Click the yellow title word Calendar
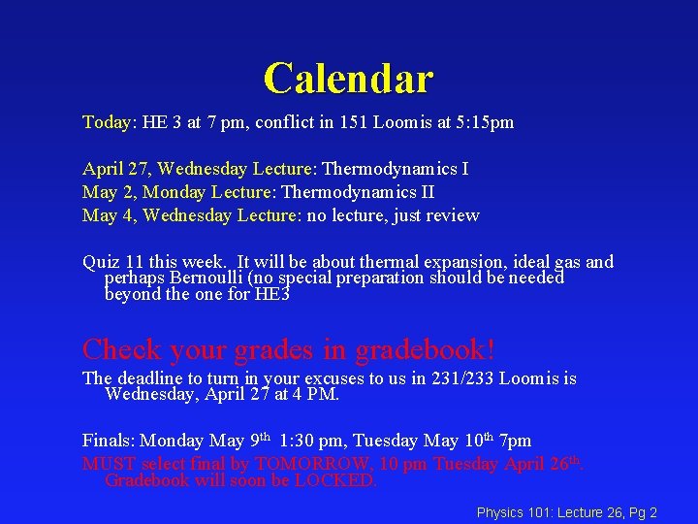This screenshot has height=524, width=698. [348, 78]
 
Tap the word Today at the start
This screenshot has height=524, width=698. [107, 123]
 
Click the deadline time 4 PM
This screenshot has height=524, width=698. [314, 394]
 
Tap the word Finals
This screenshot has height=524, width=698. [108, 441]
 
